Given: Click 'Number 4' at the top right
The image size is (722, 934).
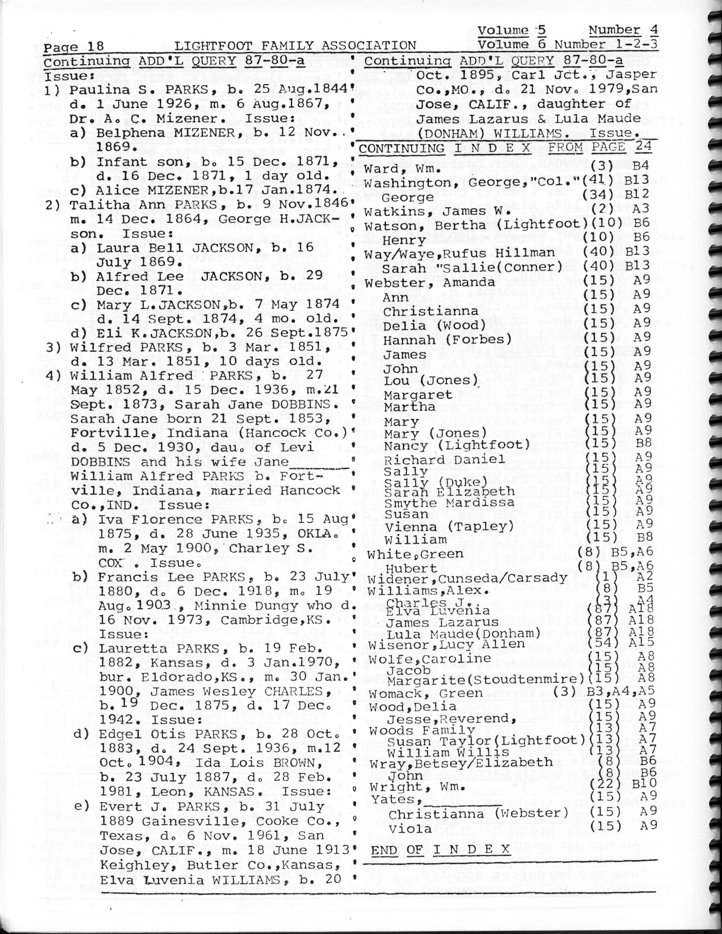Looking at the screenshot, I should coord(623,30).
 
